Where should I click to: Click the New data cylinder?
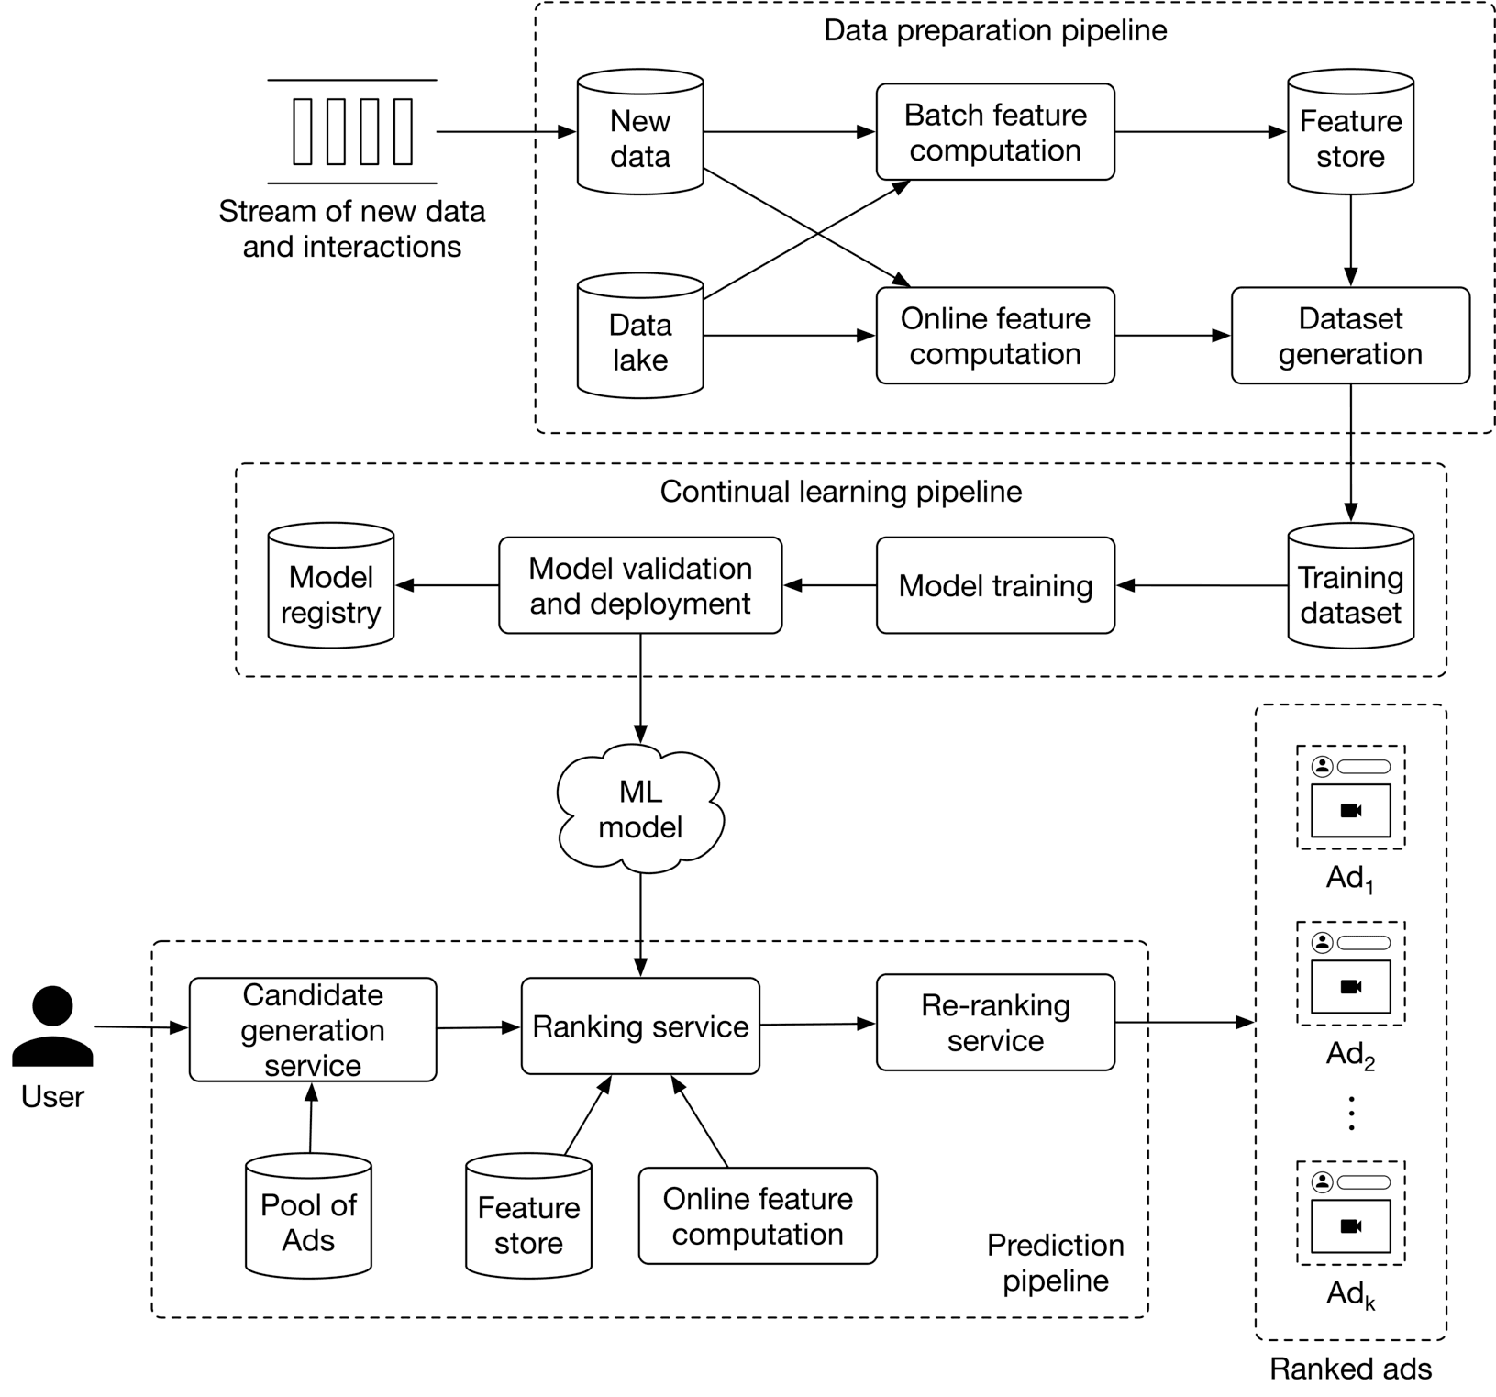click(x=639, y=133)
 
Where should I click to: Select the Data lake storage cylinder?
click(x=639, y=337)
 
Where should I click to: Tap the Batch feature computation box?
click(x=995, y=132)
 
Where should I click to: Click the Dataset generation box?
click(x=1350, y=336)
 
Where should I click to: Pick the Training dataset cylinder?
click(x=1350, y=587)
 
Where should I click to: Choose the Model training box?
click(x=995, y=585)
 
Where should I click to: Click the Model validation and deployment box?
click(x=640, y=585)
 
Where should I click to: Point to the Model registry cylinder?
click(x=330, y=587)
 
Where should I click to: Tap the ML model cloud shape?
click(x=640, y=809)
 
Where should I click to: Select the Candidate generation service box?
click(x=313, y=1029)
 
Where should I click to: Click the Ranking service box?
click(x=640, y=1026)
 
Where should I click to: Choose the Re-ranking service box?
click(x=995, y=1023)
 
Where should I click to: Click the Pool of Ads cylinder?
click(x=308, y=1217)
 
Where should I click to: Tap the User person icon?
click(x=52, y=1027)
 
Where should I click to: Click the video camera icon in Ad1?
click(x=1350, y=811)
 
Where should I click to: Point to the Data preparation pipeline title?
click(x=995, y=30)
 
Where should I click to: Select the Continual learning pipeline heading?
click(x=840, y=492)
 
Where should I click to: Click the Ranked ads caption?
click(x=1350, y=1369)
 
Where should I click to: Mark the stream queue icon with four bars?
click(x=352, y=132)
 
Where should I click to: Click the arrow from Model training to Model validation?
click(x=829, y=585)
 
